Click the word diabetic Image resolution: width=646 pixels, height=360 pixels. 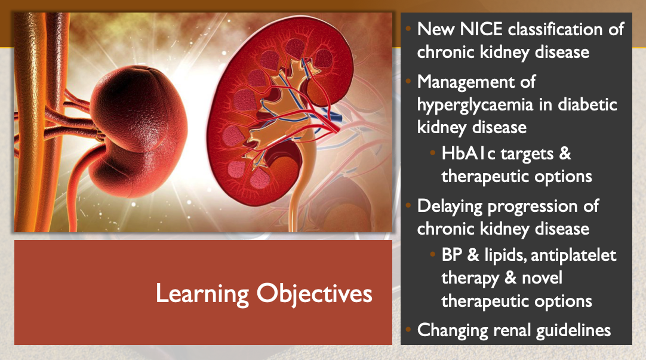pyautogui.click(x=587, y=104)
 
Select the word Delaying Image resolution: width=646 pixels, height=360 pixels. pyautogui.click(x=450, y=207)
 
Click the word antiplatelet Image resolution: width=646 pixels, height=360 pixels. pyautogui.click(x=574, y=256)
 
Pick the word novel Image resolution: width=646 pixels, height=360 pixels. pyautogui.click(x=542, y=278)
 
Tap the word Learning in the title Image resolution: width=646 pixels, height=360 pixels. pyautogui.click(x=202, y=294)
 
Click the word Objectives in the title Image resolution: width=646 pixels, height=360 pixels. pyautogui.click(x=315, y=294)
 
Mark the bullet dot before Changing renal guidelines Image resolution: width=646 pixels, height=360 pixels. pyautogui.click(x=408, y=330)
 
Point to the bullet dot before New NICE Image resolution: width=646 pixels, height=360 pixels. pyautogui.click(x=408, y=29)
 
